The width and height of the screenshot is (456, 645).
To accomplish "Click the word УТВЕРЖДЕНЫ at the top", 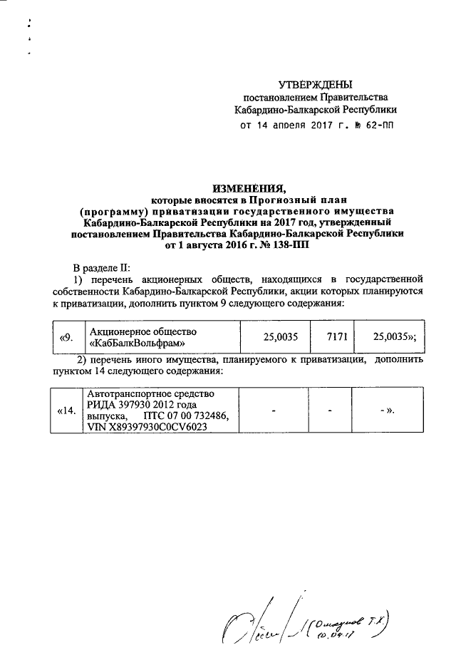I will (x=316, y=84).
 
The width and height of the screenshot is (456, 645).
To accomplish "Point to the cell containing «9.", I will (x=66, y=337).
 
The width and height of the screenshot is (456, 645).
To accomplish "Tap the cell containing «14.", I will (x=66, y=411).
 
